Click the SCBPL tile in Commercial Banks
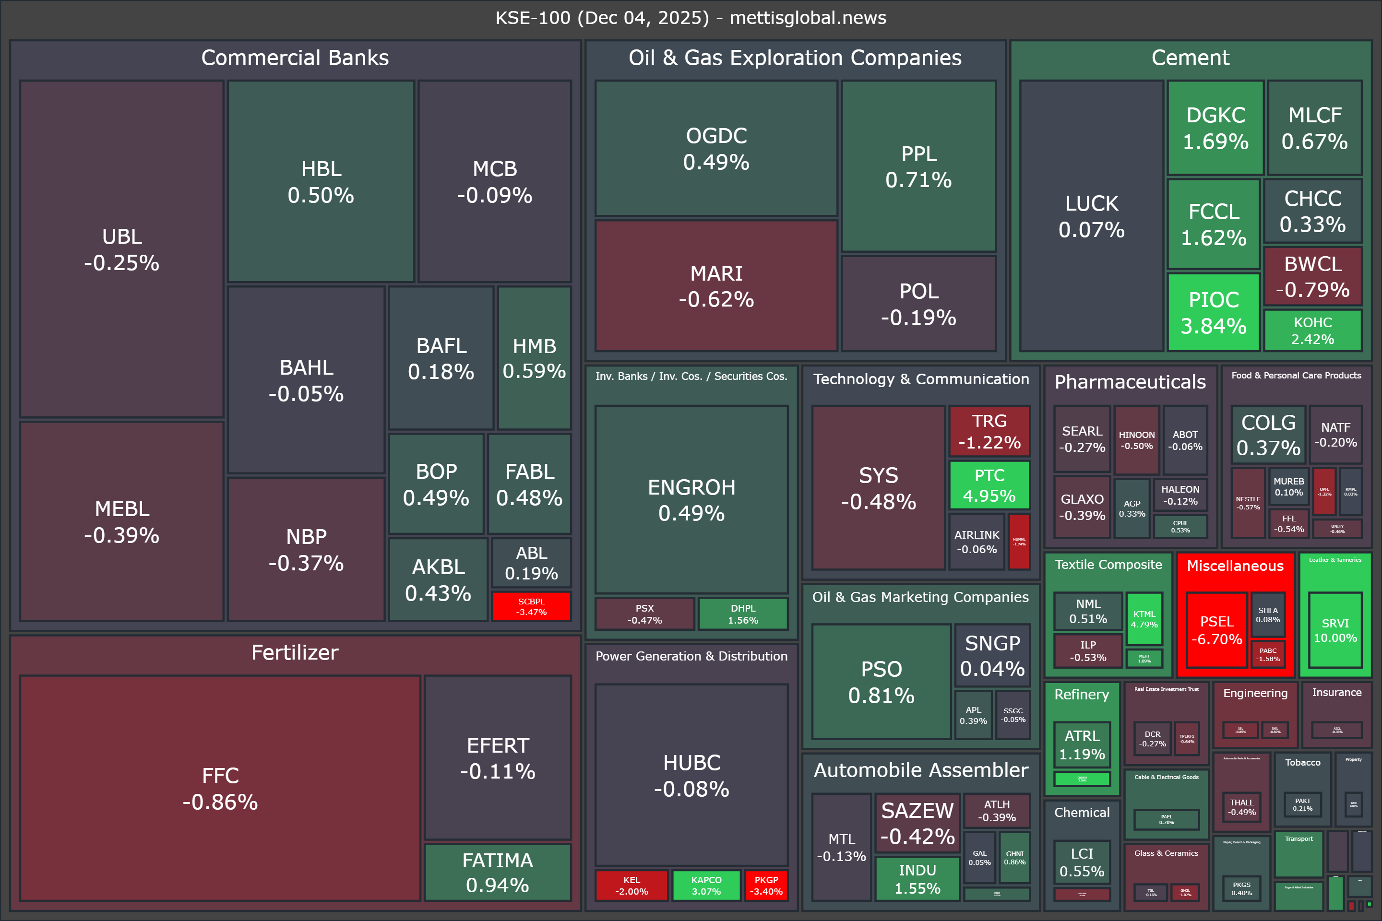[531, 606]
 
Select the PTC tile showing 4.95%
[989, 485]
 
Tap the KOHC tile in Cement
[1313, 331]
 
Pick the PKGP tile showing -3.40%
[766, 885]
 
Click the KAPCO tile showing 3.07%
[706, 885]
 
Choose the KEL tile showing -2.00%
[631, 885]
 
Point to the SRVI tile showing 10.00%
[1335, 630]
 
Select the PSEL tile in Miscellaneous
[1216, 630]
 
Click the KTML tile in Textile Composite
[1144, 619]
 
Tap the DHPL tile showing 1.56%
[743, 614]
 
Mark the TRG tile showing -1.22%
[989, 431]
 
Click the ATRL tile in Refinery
[1082, 745]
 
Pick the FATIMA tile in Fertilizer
[498, 872]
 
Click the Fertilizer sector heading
[295, 652]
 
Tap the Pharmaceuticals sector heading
[1130, 382]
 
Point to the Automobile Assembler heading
[921, 770]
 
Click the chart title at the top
[691, 18]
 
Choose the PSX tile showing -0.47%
[644, 614]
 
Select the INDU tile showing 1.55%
[917, 879]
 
